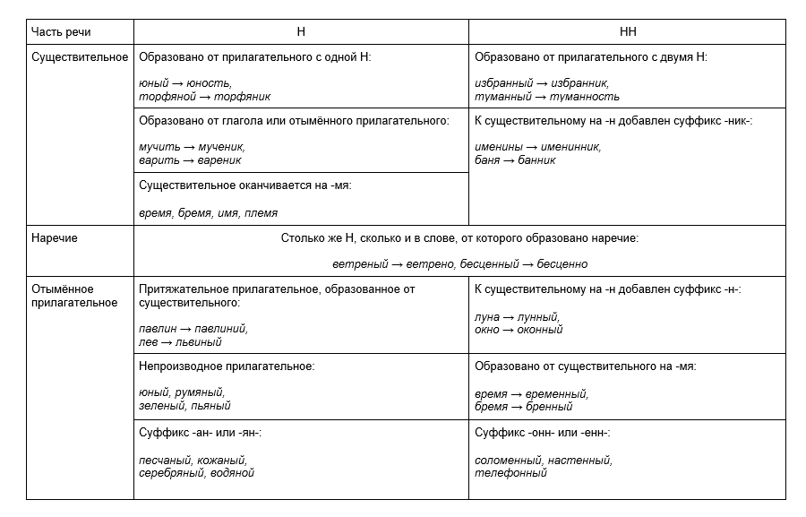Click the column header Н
pyautogui.click(x=301, y=32)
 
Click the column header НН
pyautogui.click(x=627, y=32)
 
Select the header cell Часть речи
pyautogui.click(x=61, y=32)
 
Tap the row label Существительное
pyautogui.click(x=80, y=56)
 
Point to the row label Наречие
pyautogui.click(x=55, y=237)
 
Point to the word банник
pyautogui.click(x=536, y=160)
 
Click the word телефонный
pyautogui.click(x=510, y=472)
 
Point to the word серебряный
pyautogui.click(x=172, y=472)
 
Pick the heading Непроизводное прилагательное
pyautogui.click(x=227, y=366)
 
